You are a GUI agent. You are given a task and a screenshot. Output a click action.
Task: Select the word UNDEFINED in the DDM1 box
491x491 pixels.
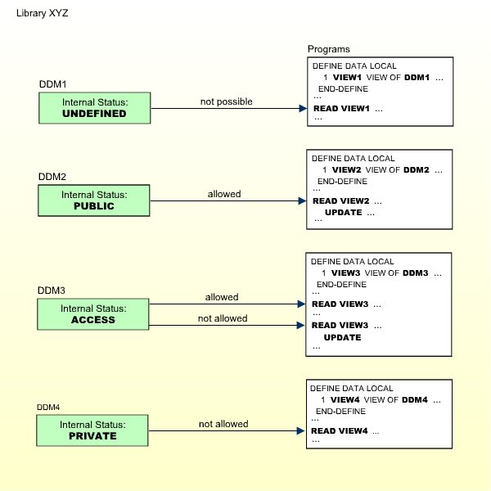95,114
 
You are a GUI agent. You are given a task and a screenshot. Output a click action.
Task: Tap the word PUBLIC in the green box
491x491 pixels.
95,206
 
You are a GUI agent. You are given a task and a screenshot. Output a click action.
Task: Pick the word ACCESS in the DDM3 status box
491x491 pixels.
95,320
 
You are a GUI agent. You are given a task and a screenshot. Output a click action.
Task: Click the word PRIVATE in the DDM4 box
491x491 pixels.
95,436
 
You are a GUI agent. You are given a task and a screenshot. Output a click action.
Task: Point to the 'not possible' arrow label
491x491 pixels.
227,101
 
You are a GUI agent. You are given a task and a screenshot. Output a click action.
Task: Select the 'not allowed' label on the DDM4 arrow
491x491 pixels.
223,424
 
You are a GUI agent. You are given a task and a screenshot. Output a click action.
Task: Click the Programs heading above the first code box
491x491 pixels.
329,50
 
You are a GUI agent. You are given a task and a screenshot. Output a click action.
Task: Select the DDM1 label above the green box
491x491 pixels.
52,84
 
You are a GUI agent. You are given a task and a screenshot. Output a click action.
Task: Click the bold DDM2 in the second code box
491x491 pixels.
416,169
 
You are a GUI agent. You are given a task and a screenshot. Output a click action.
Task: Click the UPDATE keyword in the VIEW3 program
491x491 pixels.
342,336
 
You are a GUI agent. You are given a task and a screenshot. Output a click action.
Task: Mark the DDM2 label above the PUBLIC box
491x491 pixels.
52,177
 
